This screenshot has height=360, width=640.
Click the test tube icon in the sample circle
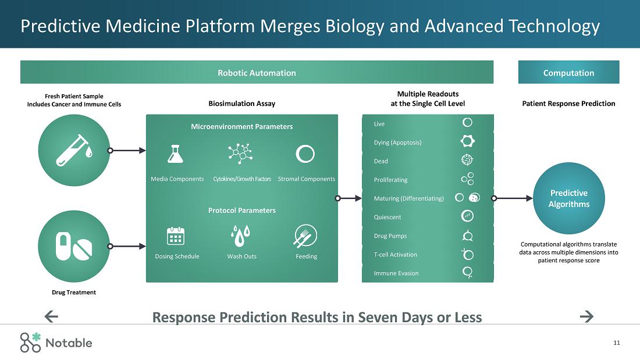[72, 151]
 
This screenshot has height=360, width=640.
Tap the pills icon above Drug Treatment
[74, 246]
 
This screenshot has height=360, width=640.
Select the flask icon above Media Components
[175, 154]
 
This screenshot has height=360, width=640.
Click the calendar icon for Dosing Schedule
[176, 236]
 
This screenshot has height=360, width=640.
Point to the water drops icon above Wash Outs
[240, 236]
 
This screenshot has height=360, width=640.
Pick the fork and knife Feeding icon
[305, 236]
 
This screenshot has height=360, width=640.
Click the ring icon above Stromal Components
[305, 154]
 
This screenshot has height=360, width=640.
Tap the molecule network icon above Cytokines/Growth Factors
[240, 154]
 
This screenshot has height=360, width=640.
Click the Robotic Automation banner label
[257, 73]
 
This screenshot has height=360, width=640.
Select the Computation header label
[568, 73]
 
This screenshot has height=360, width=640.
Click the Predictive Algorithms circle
[568, 198]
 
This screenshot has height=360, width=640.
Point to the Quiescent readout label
[387, 217]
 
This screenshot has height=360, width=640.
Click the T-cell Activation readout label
[396, 255]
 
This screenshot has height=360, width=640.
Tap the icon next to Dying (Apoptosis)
[467, 141]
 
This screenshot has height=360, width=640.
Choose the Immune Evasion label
[396, 273]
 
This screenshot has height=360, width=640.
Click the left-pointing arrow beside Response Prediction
[51, 316]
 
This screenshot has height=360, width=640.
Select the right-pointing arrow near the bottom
[586, 316]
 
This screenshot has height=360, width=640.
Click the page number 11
[616, 343]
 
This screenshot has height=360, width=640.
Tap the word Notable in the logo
[69, 343]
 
